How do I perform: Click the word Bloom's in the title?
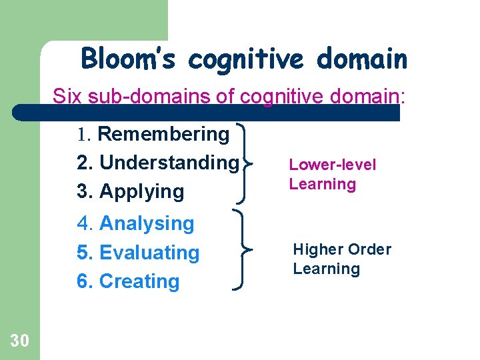pyautogui.click(x=128, y=58)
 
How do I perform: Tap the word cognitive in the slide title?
pyautogui.click(x=246, y=60)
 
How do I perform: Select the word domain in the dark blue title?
pyautogui.click(x=362, y=58)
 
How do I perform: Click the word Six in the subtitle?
pyautogui.click(x=67, y=96)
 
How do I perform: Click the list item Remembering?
pyautogui.click(x=163, y=134)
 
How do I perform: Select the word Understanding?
pyautogui.click(x=169, y=163)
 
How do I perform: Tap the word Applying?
pyautogui.click(x=142, y=192)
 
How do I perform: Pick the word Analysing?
pyautogui.click(x=147, y=223)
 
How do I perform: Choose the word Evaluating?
pyautogui.click(x=149, y=253)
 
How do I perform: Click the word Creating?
pyautogui.click(x=139, y=281)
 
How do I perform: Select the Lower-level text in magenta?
pyautogui.click(x=332, y=165)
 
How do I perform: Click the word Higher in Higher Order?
pyautogui.click(x=318, y=250)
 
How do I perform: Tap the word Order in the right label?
pyautogui.click(x=370, y=249)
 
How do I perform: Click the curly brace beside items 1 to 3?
pyautogui.click(x=244, y=163)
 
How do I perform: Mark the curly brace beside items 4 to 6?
pyautogui.click(x=243, y=249)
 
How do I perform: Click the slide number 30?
pyautogui.click(x=19, y=341)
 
